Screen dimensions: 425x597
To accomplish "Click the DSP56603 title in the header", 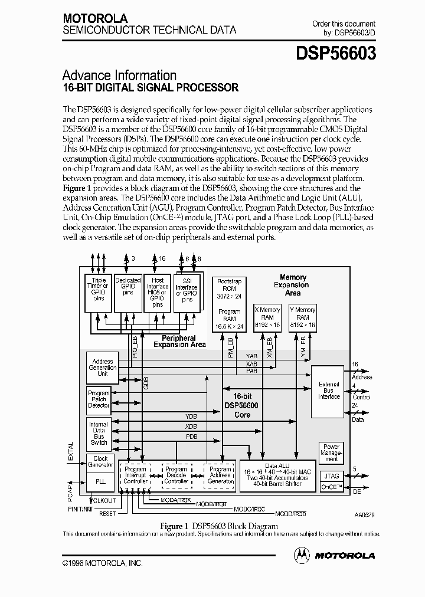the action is click(x=336, y=54).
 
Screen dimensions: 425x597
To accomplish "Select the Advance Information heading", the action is click(x=119, y=76).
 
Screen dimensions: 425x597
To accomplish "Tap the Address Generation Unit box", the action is click(x=102, y=368).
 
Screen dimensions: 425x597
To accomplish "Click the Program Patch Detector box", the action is click(x=99, y=399).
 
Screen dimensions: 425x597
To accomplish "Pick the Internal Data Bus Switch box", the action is click(x=99, y=433).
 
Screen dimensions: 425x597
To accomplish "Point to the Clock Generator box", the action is click(x=100, y=461).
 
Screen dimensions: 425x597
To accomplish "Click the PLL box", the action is click(x=100, y=481).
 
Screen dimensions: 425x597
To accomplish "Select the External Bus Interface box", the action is click(x=329, y=391).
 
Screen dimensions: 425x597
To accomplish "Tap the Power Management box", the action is click(x=331, y=453).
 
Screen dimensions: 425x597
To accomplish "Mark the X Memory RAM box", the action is click(x=267, y=317).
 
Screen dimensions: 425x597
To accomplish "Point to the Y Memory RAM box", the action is click(x=302, y=317).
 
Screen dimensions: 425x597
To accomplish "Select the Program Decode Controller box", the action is click(x=176, y=475).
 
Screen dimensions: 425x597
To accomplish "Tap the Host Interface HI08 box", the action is click(x=158, y=293).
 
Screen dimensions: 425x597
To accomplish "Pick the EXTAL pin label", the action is click(x=71, y=451).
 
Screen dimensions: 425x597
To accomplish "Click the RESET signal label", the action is click(x=107, y=513).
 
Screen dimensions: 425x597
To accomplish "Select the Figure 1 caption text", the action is click(x=218, y=526).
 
